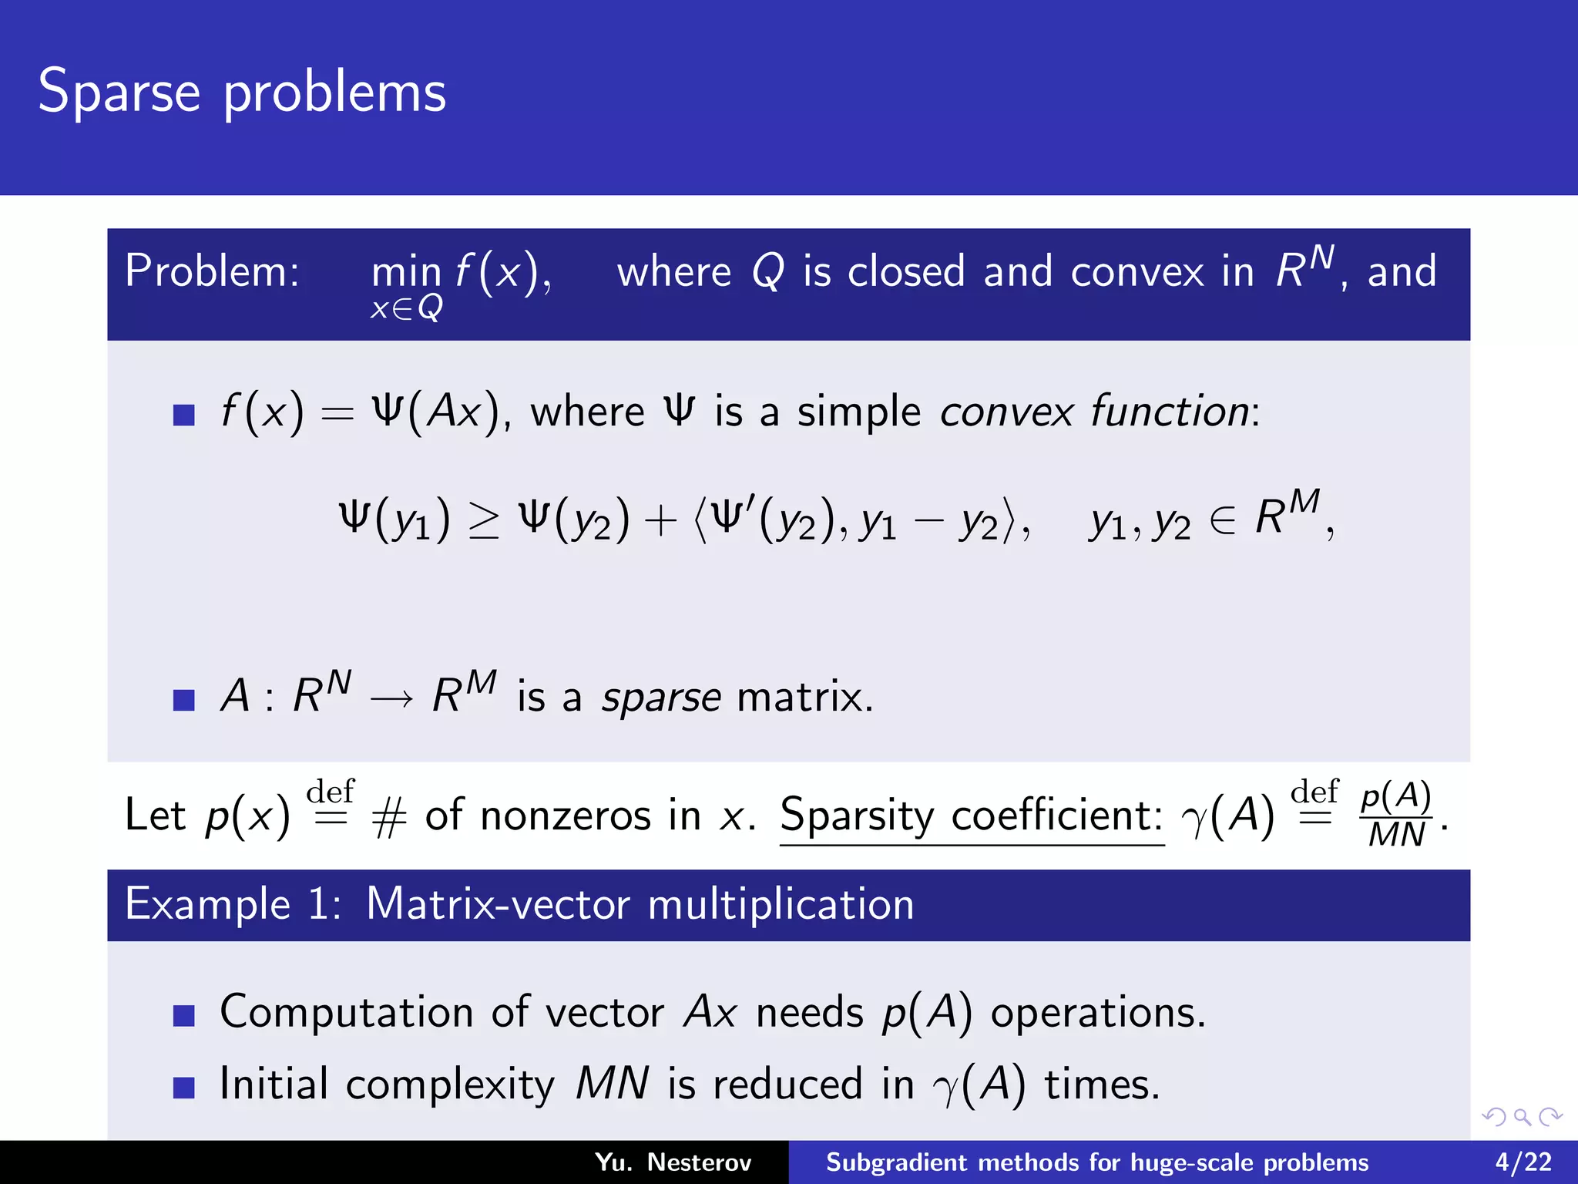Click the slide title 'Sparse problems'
242,92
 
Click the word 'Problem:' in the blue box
212,271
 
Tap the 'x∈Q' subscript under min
406,308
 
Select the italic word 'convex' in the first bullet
1006,412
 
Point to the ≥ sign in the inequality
485,520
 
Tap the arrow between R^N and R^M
391,698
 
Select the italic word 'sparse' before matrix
661,698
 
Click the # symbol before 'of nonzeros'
388,817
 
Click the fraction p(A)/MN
1395,816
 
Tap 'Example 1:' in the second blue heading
233,904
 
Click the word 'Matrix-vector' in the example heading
498,904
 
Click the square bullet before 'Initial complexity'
183,1088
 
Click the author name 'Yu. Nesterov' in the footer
673,1162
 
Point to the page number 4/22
1523,1162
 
